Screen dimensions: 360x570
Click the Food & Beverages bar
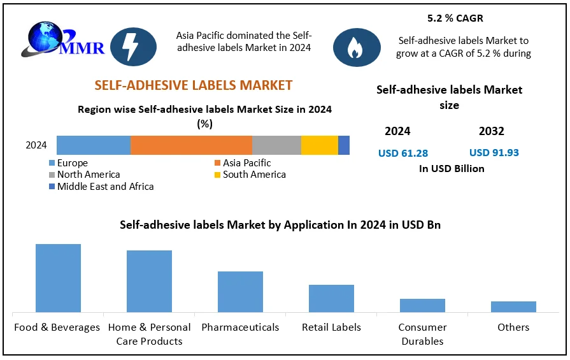pos(58,278)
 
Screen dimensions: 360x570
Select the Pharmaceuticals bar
pos(240,292)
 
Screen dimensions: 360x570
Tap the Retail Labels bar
pos(331,298)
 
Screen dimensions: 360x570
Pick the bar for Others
pos(513,306)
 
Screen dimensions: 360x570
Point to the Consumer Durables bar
pos(422,305)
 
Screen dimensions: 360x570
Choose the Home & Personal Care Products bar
pos(149,281)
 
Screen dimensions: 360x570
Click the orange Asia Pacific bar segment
pos(191,145)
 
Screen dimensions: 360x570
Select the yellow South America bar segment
pos(319,145)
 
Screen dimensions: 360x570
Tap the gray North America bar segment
pos(276,145)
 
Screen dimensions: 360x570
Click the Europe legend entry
pos(72,163)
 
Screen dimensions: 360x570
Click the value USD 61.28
pos(403,153)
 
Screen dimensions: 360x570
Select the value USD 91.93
pos(494,153)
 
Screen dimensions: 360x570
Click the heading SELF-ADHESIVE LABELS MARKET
pos(193,85)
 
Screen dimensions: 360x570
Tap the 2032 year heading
pos(491,131)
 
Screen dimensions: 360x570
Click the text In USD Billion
pos(452,169)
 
